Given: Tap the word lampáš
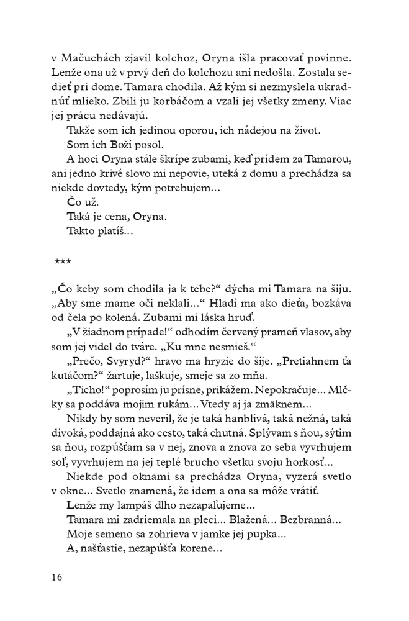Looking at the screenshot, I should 130,504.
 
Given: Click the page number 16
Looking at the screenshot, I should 57,577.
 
